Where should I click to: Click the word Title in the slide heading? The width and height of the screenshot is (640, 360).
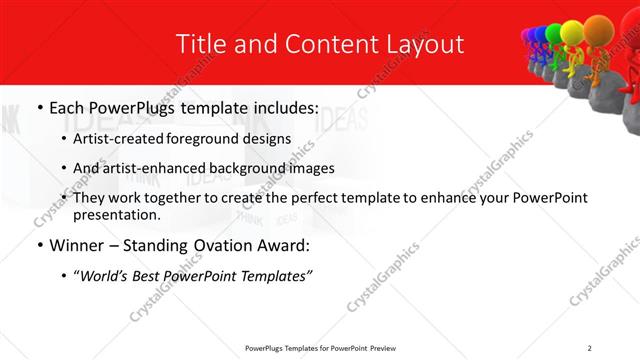[201, 45]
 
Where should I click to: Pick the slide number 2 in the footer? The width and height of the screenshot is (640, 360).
[590, 347]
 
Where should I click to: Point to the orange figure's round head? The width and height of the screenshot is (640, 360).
[597, 26]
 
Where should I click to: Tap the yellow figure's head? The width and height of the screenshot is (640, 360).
[570, 31]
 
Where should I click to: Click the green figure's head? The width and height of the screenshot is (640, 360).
[552, 34]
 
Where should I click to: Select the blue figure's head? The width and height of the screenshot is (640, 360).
[540, 34]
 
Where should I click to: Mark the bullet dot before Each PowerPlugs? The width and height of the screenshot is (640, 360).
[38, 107]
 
